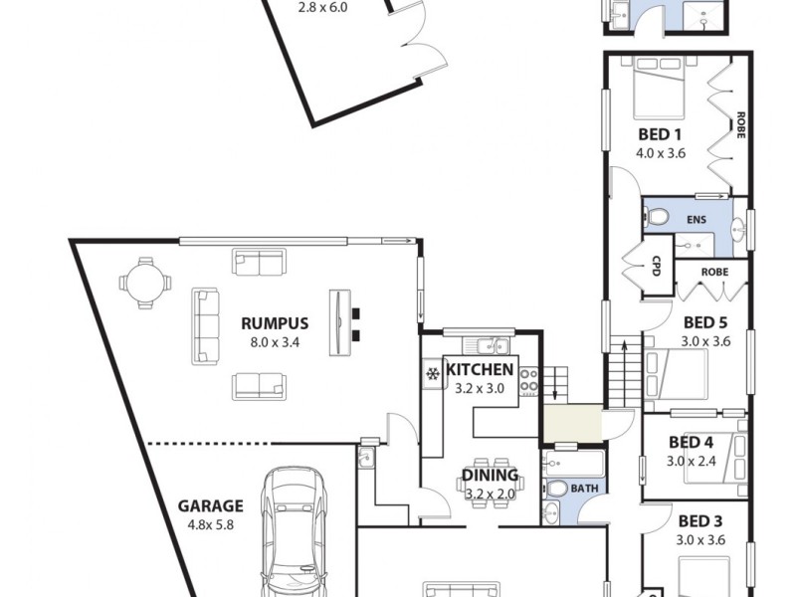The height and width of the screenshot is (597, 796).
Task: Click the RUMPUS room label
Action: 275,323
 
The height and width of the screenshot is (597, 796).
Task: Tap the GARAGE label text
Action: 209,505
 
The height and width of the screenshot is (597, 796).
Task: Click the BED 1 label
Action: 660,134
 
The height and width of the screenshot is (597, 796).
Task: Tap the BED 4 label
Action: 691,443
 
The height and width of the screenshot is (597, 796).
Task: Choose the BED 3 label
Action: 699,521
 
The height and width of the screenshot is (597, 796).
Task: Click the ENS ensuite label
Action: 695,218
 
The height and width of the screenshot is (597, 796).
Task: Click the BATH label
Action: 584,489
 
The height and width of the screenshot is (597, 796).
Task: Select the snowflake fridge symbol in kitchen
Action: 433,374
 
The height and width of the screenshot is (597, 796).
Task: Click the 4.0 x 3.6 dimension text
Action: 660,153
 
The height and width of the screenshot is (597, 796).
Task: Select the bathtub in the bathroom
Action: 573,463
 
